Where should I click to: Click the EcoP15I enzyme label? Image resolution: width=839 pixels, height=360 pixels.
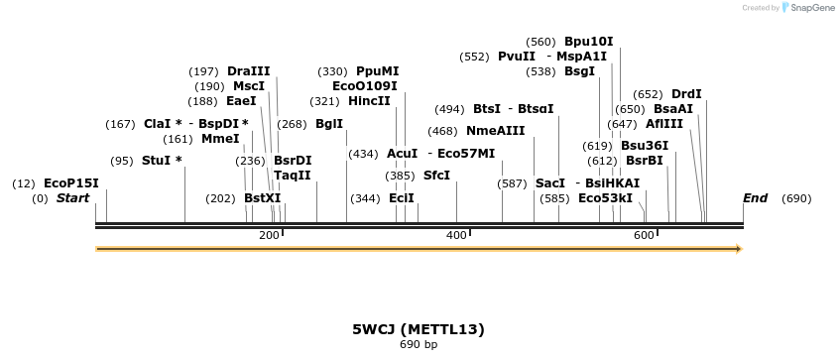[x=71, y=183]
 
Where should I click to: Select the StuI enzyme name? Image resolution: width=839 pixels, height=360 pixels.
[x=157, y=161]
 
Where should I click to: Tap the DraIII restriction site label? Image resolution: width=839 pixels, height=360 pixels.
[x=248, y=71]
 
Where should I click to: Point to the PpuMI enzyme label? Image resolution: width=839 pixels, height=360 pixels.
[x=378, y=71]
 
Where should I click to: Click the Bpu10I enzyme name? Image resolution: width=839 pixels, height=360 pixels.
[x=589, y=42]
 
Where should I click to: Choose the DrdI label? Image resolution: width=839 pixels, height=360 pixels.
[x=686, y=94]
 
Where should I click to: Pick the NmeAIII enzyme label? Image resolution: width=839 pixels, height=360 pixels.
[x=496, y=131]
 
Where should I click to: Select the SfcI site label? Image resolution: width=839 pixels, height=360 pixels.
[x=436, y=176]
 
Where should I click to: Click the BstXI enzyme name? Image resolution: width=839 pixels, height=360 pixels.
[x=263, y=198]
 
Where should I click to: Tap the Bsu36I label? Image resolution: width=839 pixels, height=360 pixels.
[x=645, y=146]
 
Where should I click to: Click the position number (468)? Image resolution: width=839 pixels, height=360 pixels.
[x=443, y=131]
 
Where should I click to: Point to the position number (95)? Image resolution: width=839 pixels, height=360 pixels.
[x=122, y=161]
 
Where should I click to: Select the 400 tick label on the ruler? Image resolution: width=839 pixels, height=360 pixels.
[x=456, y=235]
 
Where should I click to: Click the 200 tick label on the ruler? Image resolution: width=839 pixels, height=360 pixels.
[x=269, y=235]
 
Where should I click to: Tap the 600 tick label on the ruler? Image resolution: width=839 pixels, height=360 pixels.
[x=644, y=235]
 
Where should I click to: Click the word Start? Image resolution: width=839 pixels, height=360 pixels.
[x=72, y=198]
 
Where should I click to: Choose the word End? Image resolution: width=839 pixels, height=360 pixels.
[x=755, y=198]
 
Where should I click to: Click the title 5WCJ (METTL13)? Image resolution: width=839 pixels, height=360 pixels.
[x=419, y=328]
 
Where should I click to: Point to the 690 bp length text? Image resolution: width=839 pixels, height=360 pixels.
[x=419, y=345]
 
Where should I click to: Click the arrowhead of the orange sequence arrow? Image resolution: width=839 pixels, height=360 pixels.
[x=738, y=249]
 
